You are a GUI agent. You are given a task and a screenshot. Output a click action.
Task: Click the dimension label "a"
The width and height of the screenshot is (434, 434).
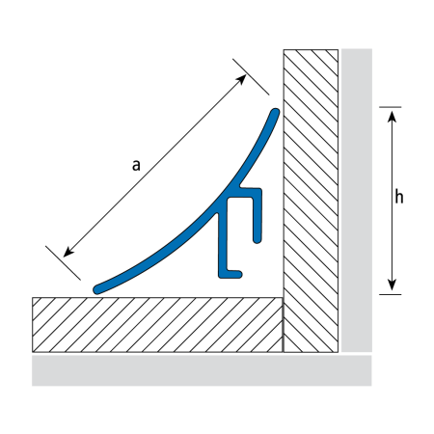click(x=136, y=166)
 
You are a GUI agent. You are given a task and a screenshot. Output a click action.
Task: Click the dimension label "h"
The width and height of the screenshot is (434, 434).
click(x=399, y=197)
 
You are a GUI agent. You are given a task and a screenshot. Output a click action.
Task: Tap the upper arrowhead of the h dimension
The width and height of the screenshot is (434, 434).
click(x=392, y=117)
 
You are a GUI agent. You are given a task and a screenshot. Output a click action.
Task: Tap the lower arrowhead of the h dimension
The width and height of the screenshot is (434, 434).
click(x=392, y=285)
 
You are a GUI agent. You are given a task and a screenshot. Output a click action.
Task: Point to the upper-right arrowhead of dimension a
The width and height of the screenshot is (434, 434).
click(x=241, y=79)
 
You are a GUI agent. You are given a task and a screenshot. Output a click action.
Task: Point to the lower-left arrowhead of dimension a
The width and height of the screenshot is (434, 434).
click(x=68, y=252)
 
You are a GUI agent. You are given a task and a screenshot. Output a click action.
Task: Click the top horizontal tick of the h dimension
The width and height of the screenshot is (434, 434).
click(x=391, y=107)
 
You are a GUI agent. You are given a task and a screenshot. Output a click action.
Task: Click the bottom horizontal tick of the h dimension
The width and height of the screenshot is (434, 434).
click(x=391, y=294)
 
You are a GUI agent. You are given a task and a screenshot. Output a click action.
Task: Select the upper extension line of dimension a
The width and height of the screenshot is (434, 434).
click(x=251, y=77)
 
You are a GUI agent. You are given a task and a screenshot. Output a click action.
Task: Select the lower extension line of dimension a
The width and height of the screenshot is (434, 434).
click(x=63, y=263)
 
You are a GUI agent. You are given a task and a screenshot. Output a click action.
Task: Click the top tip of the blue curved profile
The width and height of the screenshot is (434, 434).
click(x=275, y=113)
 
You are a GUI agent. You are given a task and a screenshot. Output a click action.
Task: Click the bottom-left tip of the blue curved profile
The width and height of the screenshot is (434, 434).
click(x=97, y=289)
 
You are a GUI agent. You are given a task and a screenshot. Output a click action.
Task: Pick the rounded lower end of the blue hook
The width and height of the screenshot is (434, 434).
click(x=257, y=239)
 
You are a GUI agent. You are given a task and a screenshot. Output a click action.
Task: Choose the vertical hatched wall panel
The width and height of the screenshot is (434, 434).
click(x=311, y=201)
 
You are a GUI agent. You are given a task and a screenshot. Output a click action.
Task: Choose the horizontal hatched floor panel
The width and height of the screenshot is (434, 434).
click(x=157, y=325)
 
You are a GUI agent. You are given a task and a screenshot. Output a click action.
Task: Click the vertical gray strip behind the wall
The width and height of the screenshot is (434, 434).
click(x=357, y=201)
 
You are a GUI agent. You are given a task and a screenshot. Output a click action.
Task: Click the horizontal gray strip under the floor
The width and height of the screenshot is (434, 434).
click(x=202, y=370)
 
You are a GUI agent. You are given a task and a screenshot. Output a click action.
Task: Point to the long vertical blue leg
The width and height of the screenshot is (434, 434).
click(x=223, y=243)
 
